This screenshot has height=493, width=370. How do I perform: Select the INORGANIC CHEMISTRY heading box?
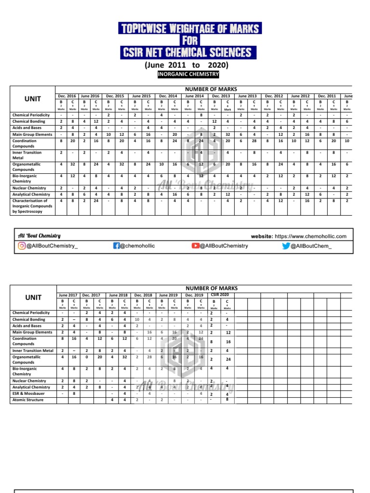click(188, 74)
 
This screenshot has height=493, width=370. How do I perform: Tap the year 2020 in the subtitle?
click(218, 65)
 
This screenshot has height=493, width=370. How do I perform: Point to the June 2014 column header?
click(195, 96)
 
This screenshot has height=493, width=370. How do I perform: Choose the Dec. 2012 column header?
click(274, 96)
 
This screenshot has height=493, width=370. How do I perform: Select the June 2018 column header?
click(118, 295)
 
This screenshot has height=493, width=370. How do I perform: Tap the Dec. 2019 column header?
click(194, 295)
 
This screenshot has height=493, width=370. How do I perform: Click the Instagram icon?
click(22, 246)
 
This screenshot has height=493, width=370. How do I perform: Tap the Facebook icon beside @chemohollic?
click(116, 246)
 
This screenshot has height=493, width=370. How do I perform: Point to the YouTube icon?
click(195, 246)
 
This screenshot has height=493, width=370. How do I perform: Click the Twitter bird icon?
click(286, 246)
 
